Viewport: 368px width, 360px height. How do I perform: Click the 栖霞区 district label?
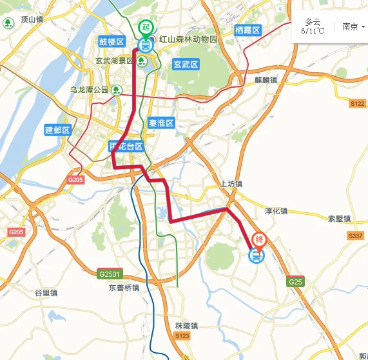click(x=247, y=30)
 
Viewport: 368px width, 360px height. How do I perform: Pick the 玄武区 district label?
click(x=186, y=64)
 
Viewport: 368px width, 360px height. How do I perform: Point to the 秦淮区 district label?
click(x=161, y=123)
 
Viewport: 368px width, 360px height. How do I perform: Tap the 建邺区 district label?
click(x=57, y=130)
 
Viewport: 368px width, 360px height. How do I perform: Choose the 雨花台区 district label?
click(x=126, y=147)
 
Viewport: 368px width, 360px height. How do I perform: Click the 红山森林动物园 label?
click(x=189, y=40)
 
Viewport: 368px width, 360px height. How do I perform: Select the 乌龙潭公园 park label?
click(x=90, y=90)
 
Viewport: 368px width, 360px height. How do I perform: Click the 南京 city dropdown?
click(x=353, y=26)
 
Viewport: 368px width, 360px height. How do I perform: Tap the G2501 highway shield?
click(x=110, y=274)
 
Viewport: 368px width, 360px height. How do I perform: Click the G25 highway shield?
click(x=295, y=281)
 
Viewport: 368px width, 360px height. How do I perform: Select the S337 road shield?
click(x=356, y=236)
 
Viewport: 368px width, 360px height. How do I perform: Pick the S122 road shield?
click(x=357, y=103)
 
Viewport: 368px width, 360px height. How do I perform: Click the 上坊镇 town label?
click(x=231, y=184)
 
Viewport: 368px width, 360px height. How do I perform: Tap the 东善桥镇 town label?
click(x=123, y=288)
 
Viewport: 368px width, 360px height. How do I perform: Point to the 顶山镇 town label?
click(x=31, y=20)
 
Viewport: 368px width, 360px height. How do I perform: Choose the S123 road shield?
click(x=182, y=336)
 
